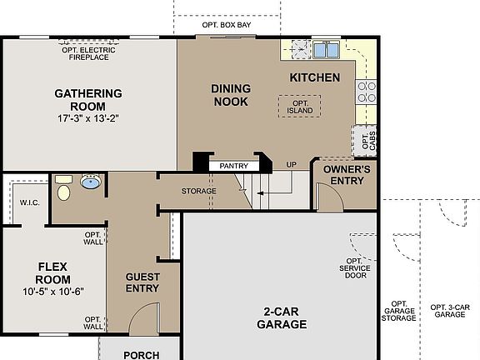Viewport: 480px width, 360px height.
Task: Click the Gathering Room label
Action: (87, 100)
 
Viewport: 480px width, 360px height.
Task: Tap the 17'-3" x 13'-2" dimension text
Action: (87, 117)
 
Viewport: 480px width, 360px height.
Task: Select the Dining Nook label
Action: (231, 94)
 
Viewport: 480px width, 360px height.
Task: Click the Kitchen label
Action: (314, 77)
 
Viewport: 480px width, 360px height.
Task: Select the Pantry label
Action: (234, 166)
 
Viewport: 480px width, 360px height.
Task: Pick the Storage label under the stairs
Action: (199, 192)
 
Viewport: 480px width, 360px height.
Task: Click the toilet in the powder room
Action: (64, 191)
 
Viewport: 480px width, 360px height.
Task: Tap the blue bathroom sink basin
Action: (90, 181)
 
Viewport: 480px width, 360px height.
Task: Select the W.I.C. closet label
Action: (28, 202)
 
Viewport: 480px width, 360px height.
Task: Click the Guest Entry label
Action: (142, 282)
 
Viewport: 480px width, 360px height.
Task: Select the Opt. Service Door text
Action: (355, 267)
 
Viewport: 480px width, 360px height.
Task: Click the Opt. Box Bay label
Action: (226, 25)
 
